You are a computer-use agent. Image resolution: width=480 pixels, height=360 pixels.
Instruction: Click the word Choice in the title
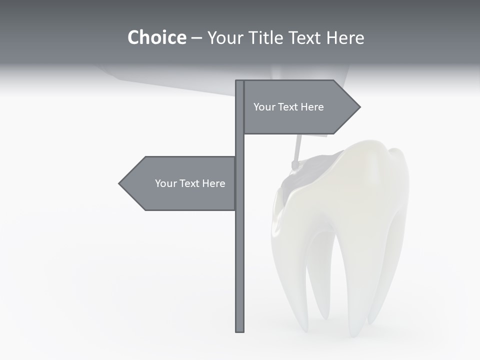tap(156, 37)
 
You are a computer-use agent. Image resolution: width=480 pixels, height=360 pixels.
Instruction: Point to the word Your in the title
tap(226, 37)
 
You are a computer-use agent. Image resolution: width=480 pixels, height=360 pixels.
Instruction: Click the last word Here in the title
tap(345, 37)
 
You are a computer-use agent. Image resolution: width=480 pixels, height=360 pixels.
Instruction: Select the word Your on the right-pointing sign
tap(264, 107)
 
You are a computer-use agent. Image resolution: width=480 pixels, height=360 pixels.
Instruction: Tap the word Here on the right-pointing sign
tap(312, 107)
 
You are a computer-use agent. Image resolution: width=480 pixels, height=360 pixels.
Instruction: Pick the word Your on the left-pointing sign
tap(165, 183)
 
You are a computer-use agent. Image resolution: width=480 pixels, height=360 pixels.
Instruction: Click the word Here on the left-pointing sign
tap(214, 183)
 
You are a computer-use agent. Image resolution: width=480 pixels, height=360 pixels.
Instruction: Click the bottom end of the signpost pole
tap(240, 330)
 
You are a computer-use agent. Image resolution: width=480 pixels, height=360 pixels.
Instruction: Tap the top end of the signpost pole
tap(240, 81)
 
